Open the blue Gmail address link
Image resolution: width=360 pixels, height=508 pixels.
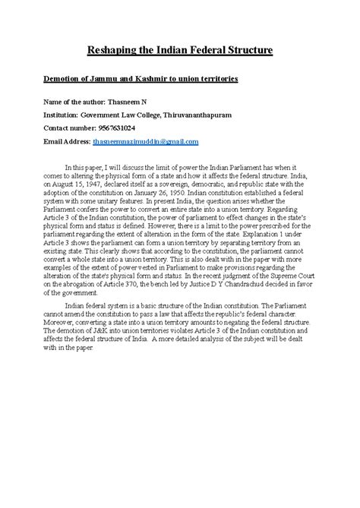(156, 141)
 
